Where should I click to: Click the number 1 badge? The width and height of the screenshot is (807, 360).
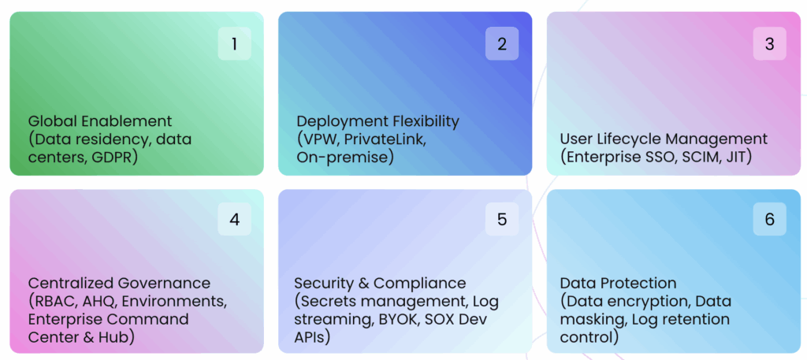[x=234, y=44]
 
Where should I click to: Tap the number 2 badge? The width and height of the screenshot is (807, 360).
[x=502, y=44]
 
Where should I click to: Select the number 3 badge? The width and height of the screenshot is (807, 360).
[x=770, y=44]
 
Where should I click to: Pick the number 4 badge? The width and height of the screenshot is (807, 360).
[x=234, y=219]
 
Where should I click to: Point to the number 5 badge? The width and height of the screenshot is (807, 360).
[x=502, y=219]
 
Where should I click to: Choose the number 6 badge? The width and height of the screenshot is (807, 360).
[x=770, y=219]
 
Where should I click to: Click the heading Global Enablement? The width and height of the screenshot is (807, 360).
[x=100, y=121]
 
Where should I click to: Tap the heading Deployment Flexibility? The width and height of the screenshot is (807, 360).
[x=377, y=121]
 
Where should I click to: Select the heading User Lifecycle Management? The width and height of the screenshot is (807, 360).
[x=664, y=139]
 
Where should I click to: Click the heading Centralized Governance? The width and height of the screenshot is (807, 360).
[x=119, y=283]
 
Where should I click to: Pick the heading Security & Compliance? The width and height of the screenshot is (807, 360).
[x=380, y=283]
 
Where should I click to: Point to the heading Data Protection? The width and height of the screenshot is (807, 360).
[x=618, y=283]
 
